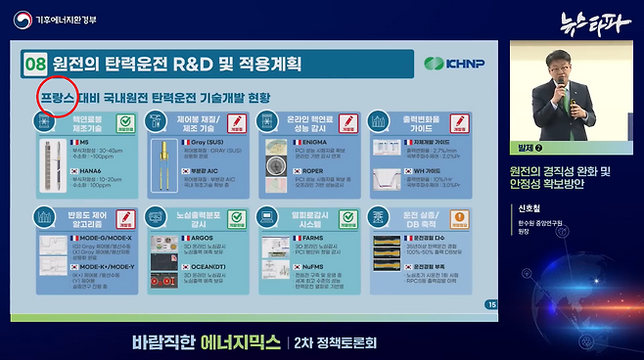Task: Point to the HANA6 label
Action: click(93, 170)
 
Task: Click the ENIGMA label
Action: click(305, 142)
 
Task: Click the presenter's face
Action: click(562, 65)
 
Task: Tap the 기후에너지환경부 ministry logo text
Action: click(60, 20)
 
